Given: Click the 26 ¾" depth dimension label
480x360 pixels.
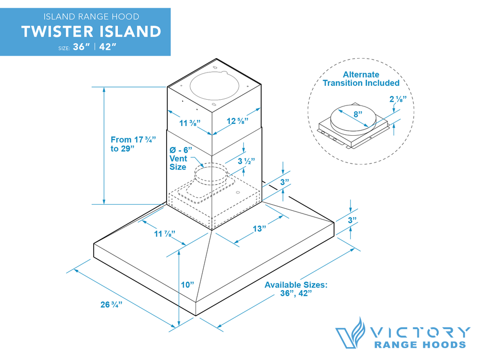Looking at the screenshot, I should point(110,304).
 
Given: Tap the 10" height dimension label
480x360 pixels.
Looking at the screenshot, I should point(187,284).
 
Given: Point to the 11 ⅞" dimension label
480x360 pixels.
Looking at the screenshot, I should point(165,234).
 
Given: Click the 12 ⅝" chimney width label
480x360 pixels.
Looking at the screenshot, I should point(238,121).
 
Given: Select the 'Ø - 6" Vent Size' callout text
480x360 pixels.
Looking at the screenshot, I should point(181,158).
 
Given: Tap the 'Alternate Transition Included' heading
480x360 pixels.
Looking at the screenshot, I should point(361,79).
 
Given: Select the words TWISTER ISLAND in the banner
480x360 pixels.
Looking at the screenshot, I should point(92,32).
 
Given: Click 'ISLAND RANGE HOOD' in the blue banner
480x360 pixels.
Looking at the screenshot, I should point(91,17).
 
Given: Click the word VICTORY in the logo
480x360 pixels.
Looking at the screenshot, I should point(421,332).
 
